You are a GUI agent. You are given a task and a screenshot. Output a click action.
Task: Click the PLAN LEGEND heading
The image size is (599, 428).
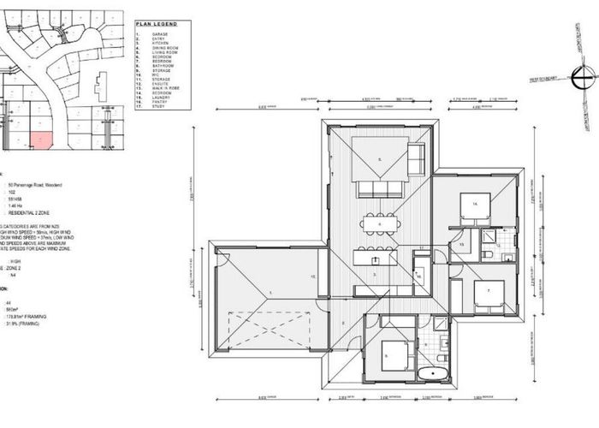click(x=157, y=24)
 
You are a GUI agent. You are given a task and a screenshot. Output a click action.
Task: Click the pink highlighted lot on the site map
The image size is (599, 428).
click(x=41, y=140)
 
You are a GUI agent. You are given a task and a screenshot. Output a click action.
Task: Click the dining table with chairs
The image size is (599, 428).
click(x=380, y=224)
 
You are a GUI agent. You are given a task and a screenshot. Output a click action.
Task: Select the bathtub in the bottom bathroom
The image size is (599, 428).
click(x=433, y=373)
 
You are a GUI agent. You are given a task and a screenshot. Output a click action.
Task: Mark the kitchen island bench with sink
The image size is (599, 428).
click(x=375, y=256)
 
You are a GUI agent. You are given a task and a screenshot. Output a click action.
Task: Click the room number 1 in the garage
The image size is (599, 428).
click(x=271, y=293)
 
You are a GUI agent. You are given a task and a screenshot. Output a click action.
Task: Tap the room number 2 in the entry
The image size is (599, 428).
click(x=342, y=323)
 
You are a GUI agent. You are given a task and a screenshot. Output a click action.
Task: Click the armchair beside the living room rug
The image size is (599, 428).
click(x=416, y=158)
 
